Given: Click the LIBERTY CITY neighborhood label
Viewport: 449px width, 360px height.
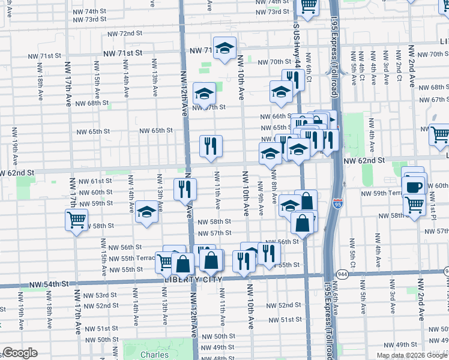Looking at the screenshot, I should [x=193, y=280].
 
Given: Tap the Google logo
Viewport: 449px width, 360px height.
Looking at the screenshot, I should [x=20, y=353].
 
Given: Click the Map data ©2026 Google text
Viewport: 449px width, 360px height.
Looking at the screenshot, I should [x=412, y=355].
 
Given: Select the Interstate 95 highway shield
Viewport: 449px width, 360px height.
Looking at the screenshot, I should [x=338, y=205].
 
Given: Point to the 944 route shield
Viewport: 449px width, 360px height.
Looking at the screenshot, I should [x=342, y=273].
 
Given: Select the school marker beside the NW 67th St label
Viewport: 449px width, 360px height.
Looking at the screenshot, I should [x=204, y=94].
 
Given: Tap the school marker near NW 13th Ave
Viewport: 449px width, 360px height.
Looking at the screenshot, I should [x=146, y=212].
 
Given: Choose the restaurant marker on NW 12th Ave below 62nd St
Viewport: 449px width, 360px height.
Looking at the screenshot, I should [x=185, y=189].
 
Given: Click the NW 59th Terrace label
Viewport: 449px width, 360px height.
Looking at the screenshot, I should [x=383, y=193].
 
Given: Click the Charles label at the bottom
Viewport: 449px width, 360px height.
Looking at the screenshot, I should [x=155, y=355].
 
